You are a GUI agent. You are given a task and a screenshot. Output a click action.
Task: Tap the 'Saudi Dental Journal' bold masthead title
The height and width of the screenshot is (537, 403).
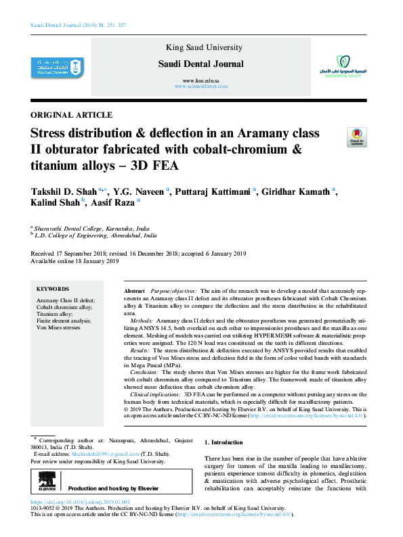(200, 64)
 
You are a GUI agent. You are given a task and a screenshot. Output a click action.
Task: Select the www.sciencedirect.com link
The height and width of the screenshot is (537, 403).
(200, 87)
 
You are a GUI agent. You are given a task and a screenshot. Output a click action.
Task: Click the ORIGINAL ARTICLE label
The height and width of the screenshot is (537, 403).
(72, 115)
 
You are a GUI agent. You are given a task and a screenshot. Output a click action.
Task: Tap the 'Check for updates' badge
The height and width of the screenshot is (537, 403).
(356, 136)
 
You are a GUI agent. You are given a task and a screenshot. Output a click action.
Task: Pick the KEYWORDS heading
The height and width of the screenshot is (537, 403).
(52, 289)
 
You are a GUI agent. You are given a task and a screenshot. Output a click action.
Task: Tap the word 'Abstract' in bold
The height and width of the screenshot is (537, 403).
(134, 289)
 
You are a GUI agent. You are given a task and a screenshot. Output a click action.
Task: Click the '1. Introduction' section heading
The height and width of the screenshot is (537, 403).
(224, 442)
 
